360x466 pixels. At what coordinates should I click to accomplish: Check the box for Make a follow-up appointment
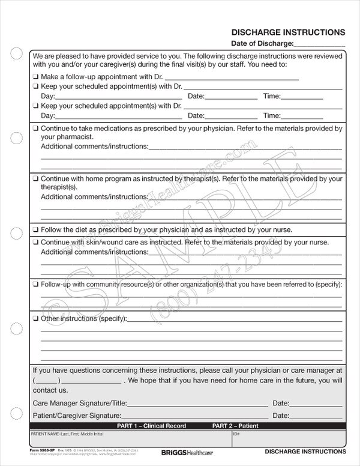click(x=36, y=76)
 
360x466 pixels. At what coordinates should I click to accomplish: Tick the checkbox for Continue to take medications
click(x=36, y=129)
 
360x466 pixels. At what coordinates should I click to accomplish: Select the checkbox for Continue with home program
click(x=36, y=179)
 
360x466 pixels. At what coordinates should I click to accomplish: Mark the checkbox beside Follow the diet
click(x=36, y=229)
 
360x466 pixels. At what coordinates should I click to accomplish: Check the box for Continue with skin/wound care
click(x=36, y=242)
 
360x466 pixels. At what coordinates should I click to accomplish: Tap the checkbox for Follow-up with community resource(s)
click(x=36, y=284)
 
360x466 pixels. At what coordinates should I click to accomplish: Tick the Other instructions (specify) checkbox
click(x=36, y=318)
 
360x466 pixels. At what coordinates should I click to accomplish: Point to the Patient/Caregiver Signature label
click(x=77, y=416)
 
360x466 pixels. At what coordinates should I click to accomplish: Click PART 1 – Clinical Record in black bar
click(x=151, y=426)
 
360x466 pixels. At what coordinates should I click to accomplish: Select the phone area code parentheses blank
click(x=47, y=381)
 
